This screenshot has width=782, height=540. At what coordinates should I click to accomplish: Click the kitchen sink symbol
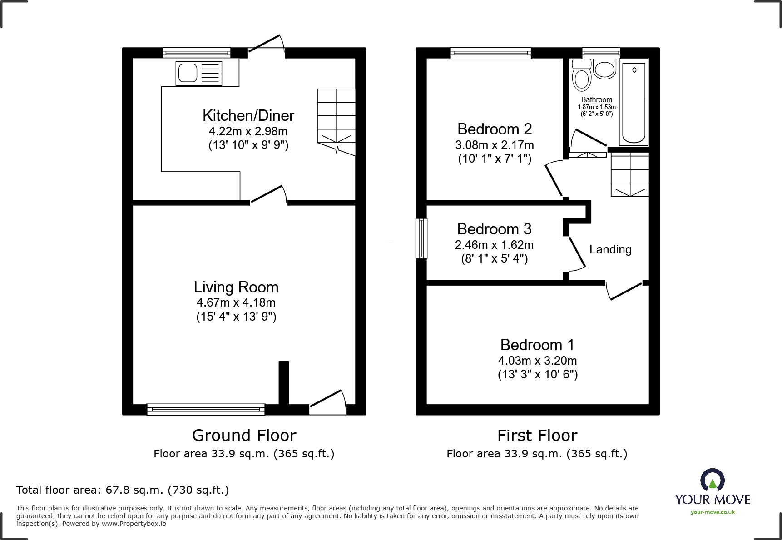click(199, 73)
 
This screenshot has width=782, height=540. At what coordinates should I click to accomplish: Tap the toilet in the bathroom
click(581, 76)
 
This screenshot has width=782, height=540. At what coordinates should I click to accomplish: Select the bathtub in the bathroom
click(634, 103)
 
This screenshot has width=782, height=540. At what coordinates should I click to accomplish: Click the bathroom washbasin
click(604, 69)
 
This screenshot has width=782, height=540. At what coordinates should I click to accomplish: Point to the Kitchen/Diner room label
click(248, 115)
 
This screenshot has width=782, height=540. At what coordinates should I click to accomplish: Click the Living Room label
click(236, 287)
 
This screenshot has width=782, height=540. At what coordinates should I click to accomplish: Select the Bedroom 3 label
click(494, 229)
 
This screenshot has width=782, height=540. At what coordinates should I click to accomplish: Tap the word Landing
click(610, 249)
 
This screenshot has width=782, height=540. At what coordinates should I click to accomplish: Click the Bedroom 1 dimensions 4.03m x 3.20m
click(537, 361)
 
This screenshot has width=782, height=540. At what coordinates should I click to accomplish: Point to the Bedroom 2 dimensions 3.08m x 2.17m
click(494, 145)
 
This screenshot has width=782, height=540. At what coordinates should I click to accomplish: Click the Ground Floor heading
click(244, 435)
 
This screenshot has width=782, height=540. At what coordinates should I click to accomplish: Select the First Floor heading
click(537, 435)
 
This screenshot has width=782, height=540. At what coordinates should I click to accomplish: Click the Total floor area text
click(122, 490)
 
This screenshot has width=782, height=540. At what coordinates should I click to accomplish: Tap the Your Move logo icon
click(712, 480)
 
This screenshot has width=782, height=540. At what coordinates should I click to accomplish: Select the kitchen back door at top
click(267, 45)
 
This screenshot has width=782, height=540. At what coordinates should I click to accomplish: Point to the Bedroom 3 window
click(422, 238)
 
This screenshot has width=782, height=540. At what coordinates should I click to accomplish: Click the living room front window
click(206, 409)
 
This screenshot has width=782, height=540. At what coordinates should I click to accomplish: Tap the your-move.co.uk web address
click(713, 512)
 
